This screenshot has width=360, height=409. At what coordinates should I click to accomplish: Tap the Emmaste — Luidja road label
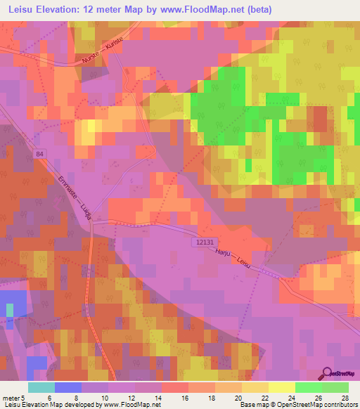coord(73,197)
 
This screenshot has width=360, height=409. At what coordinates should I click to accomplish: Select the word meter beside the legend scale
coord(12,397)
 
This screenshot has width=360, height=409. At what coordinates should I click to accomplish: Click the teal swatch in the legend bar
coord(41,387)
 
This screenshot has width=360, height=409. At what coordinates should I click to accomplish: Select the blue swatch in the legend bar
coord(68,387)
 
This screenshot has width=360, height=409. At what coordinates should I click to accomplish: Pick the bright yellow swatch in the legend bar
coord(282,387)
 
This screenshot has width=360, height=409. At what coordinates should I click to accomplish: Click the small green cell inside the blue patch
coord(10,310)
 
